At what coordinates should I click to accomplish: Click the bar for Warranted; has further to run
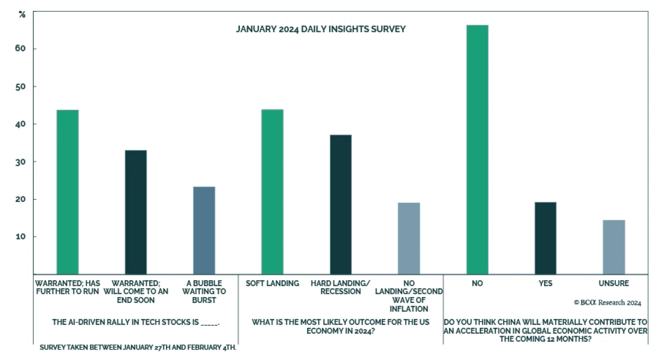(68, 192)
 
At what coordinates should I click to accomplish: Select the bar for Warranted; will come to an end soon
(136, 212)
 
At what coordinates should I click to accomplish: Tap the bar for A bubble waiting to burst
(204, 230)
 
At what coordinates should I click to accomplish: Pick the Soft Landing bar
(272, 192)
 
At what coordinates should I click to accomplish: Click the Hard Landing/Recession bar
(341, 204)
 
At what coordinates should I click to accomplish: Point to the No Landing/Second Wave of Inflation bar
(409, 238)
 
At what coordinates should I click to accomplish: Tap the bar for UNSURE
(614, 247)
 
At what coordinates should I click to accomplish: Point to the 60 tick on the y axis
(20, 48)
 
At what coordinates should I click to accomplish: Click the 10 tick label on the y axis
(20, 237)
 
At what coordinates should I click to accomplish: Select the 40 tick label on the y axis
(20, 124)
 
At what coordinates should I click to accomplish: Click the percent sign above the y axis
(22, 15)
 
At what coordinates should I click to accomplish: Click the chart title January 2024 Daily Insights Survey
(321, 29)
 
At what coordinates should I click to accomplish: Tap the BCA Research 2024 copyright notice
(607, 303)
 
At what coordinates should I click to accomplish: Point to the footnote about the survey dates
(138, 347)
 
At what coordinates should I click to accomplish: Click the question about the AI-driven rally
(135, 322)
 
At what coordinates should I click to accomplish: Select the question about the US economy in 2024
(341, 326)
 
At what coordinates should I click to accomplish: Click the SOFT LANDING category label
(272, 283)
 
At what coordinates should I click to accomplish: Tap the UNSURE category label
(614, 283)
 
